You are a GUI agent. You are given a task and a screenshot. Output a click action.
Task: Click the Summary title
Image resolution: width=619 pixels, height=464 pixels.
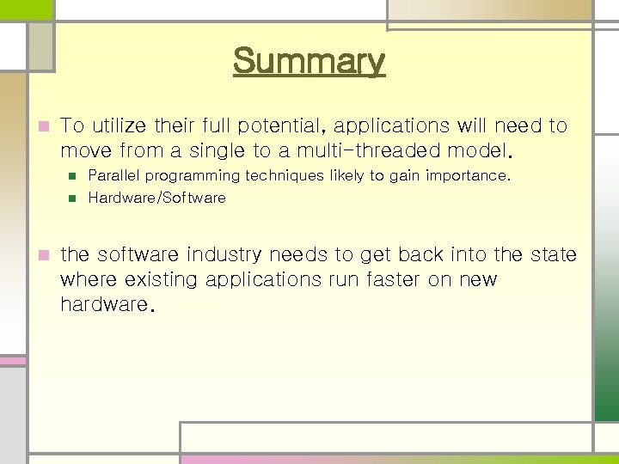(x=309, y=62)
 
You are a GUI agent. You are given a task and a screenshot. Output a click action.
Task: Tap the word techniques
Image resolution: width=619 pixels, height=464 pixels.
(x=288, y=175)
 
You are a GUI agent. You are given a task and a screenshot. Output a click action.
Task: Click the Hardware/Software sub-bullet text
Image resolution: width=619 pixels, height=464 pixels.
(x=156, y=198)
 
